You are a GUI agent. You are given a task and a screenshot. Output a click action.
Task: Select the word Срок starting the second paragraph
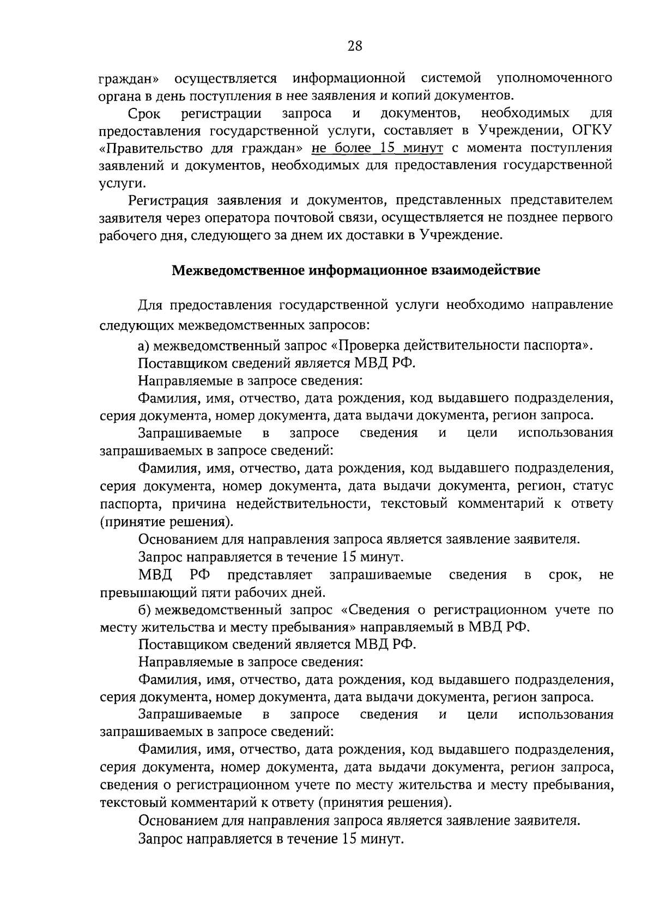143,114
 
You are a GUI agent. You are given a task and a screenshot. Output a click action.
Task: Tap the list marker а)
144,345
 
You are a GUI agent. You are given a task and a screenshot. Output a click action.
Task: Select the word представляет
270,575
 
